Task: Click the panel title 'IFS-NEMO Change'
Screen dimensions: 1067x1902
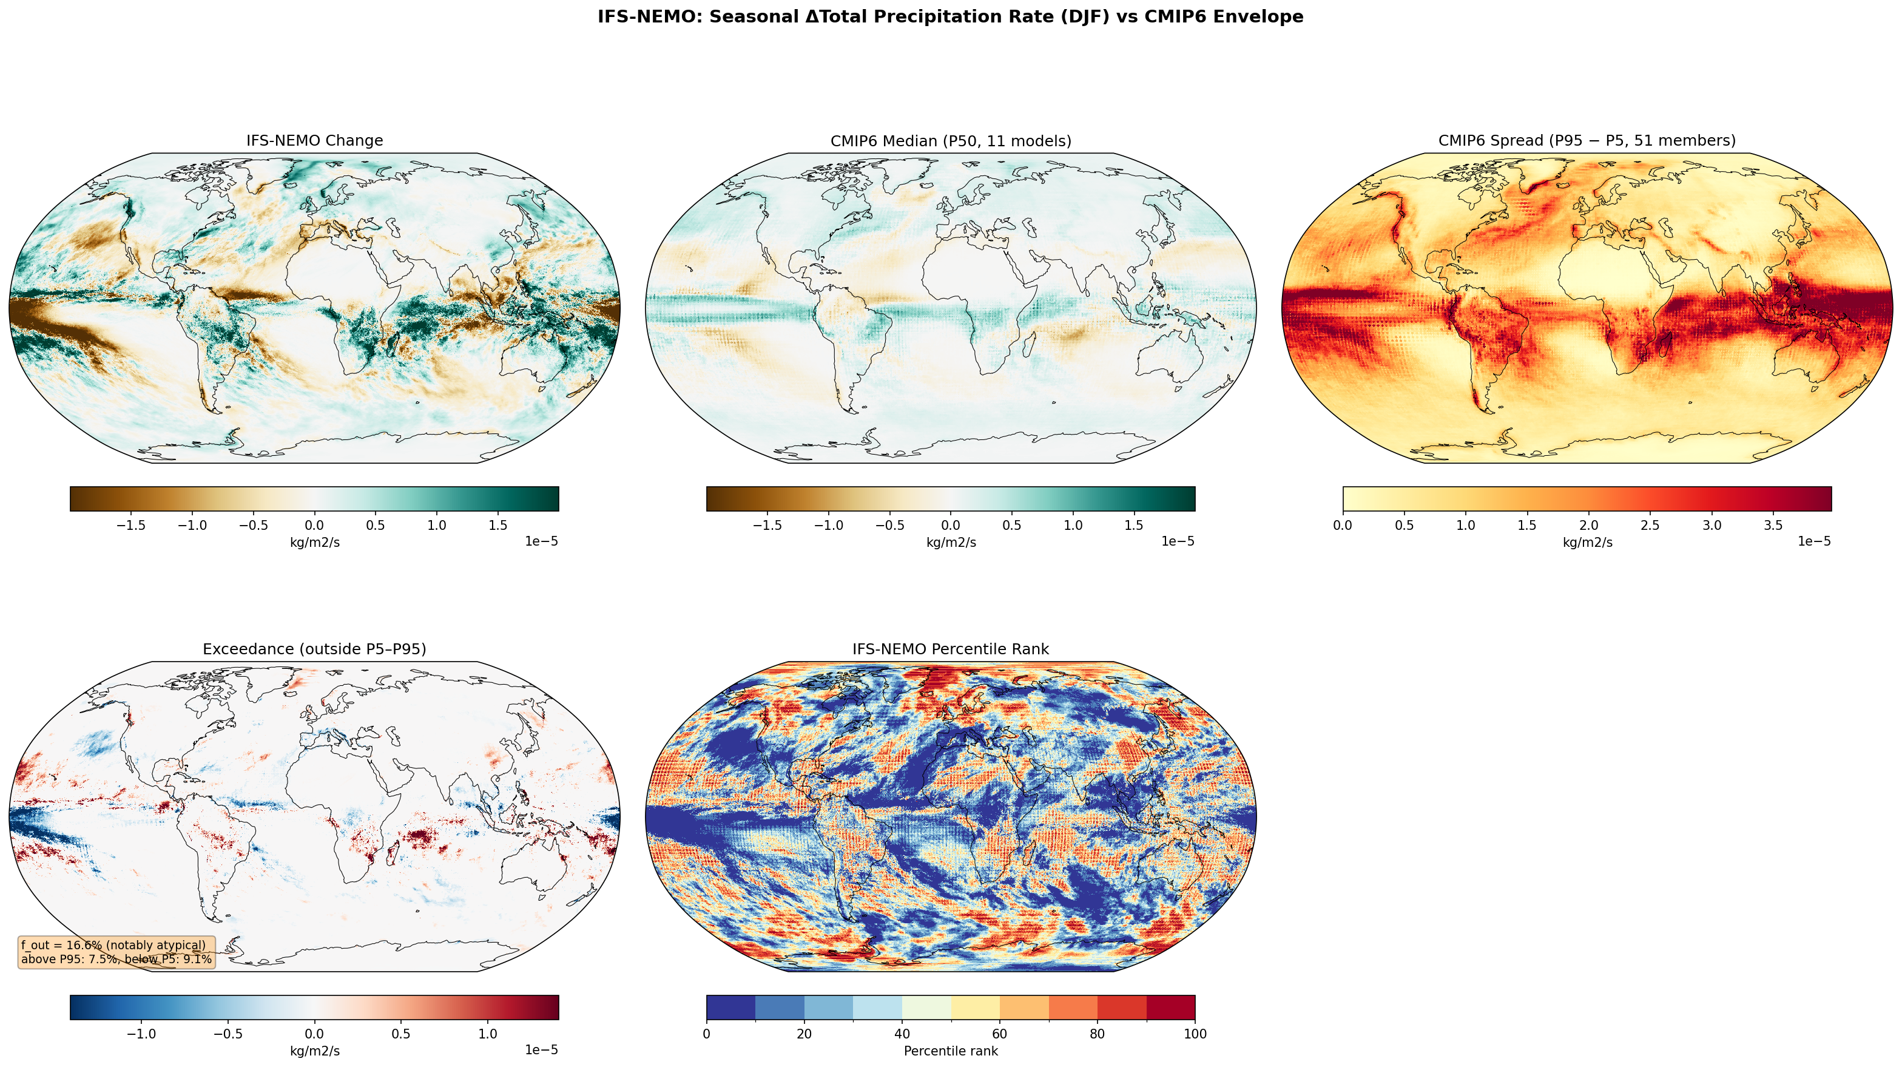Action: [x=314, y=140]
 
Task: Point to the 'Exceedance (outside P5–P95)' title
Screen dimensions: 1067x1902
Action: [x=314, y=649]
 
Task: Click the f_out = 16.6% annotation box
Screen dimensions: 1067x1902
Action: [x=116, y=952]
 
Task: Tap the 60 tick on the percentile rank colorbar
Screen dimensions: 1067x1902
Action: [x=1000, y=1034]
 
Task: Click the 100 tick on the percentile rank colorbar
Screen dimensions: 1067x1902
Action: [x=1195, y=1034]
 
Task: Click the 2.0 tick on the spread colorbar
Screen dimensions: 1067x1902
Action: [x=1589, y=526]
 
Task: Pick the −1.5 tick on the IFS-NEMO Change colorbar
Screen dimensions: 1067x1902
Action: [x=130, y=526]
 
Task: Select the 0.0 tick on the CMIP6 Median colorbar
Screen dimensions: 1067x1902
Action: [x=951, y=526]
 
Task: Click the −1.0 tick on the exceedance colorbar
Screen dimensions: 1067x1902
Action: [x=141, y=1034]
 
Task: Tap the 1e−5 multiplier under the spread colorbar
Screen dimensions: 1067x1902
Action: [x=1813, y=542]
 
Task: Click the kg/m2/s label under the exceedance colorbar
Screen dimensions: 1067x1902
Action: [x=314, y=1051]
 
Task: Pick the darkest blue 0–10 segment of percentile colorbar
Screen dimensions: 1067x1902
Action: [x=730, y=1007]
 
